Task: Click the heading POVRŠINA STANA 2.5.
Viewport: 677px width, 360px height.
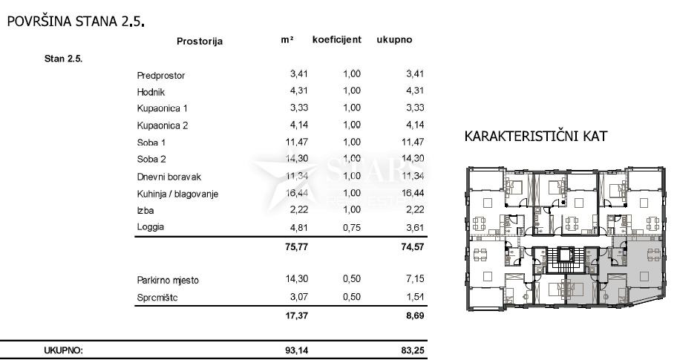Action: pyautogui.click(x=75, y=22)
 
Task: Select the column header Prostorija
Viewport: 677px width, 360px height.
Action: pyautogui.click(x=200, y=42)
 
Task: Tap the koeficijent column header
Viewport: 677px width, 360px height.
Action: pyautogui.click(x=336, y=40)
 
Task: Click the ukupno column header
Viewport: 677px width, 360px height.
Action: pyautogui.click(x=394, y=40)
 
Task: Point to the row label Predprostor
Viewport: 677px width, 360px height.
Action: pyautogui.click(x=161, y=76)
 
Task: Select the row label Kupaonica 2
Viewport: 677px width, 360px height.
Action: pyautogui.click(x=163, y=125)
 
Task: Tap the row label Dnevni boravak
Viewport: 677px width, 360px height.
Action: pyautogui.click(x=169, y=177)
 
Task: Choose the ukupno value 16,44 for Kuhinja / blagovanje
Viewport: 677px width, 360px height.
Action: pyautogui.click(x=411, y=193)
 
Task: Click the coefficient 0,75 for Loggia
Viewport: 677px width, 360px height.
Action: pyautogui.click(x=351, y=227)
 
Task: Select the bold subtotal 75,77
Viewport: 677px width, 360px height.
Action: pyautogui.click(x=295, y=247)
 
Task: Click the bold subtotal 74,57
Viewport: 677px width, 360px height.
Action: pyautogui.click(x=412, y=247)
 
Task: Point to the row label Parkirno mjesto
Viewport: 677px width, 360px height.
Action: pyautogui.click(x=168, y=281)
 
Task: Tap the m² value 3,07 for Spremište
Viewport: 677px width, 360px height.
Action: pyautogui.click(x=297, y=298)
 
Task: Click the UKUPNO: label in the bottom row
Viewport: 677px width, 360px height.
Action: pyautogui.click(x=64, y=350)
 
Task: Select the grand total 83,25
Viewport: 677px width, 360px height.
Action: pyautogui.click(x=412, y=350)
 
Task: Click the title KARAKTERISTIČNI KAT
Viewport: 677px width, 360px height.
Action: pyautogui.click(x=535, y=137)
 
